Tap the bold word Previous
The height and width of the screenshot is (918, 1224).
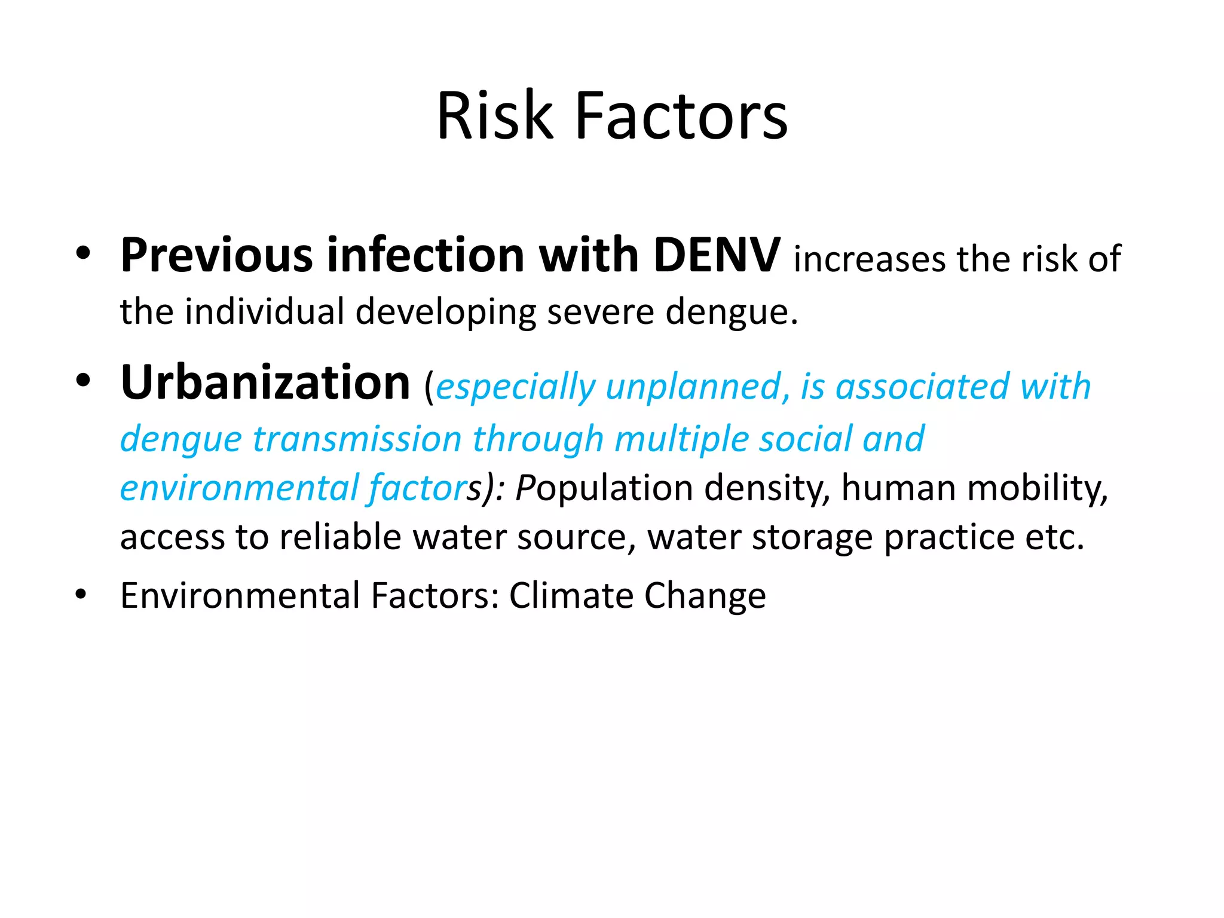216,255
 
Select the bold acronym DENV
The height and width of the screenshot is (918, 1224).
717,255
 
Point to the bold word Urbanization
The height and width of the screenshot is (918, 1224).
265,382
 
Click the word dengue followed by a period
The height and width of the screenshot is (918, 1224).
732,312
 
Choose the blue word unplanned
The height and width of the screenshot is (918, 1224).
693,387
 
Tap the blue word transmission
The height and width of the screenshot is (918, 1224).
357,439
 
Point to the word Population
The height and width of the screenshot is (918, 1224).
604,488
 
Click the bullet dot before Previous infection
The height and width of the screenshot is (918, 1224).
83,253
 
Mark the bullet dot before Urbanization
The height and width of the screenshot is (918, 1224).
83,381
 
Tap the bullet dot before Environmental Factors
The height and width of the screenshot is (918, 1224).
81,595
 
